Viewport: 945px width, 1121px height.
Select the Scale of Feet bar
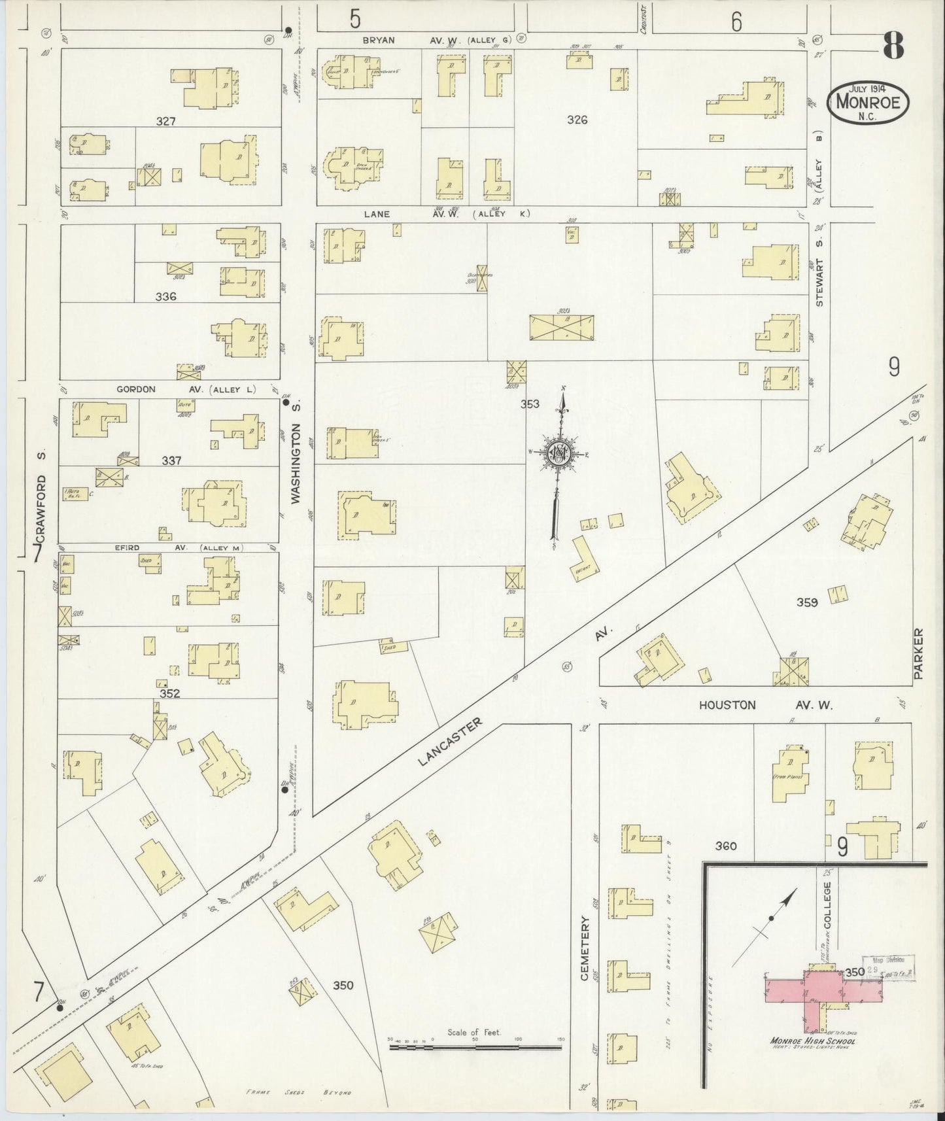tap(475, 1047)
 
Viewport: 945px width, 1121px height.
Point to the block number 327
tap(167, 121)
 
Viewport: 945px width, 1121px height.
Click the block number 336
tap(166, 296)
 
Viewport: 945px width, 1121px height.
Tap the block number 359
tap(807, 602)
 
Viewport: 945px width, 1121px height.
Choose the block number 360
tap(726, 846)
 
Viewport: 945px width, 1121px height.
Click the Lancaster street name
tap(450, 742)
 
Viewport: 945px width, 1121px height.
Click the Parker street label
tap(918, 654)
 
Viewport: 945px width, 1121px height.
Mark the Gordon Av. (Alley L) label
tap(186, 389)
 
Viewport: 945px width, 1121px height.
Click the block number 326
tap(577, 120)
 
